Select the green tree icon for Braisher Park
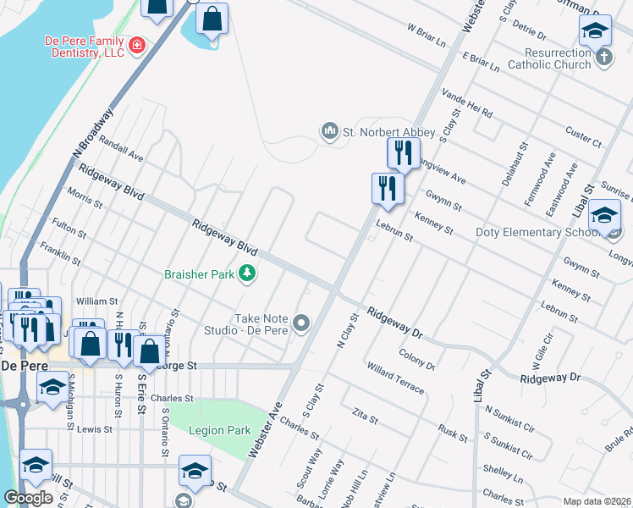coord(246,273)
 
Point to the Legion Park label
coord(219,430)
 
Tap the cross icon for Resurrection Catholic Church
coord(603,58)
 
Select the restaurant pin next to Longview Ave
coord(404,153)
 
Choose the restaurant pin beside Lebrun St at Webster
coord(388,189)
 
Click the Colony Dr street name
coord(417,359)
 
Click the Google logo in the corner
coord(28,498)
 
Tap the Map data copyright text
coord(597,501)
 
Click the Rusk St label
coord(452,433)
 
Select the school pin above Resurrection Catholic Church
coord(595,30)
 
